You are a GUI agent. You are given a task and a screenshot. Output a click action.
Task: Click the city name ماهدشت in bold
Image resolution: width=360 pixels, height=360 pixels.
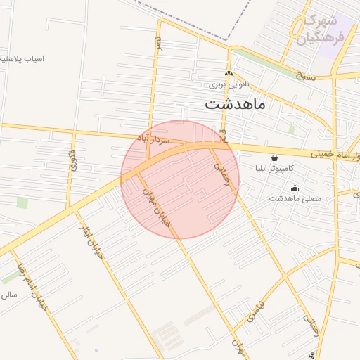coord(235,104)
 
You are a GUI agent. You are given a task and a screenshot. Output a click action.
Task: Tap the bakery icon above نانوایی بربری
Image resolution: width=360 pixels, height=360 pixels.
coord(227,74)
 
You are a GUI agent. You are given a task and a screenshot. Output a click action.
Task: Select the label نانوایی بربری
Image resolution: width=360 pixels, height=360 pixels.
coord(227,84)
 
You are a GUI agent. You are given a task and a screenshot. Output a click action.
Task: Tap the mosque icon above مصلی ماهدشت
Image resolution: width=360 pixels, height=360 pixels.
coord(294,187)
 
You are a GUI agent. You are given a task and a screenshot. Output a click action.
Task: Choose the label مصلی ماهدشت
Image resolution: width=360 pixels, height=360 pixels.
coord(295,198)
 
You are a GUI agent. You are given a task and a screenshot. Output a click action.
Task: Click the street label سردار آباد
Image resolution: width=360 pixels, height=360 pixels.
coord(155,141)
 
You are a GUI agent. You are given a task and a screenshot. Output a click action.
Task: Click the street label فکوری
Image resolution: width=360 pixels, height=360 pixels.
coord(72,160)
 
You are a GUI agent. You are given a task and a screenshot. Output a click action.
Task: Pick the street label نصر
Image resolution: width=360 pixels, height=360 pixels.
coord(159,44)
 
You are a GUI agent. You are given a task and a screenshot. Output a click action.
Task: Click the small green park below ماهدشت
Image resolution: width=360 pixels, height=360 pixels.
coord(292,129)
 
